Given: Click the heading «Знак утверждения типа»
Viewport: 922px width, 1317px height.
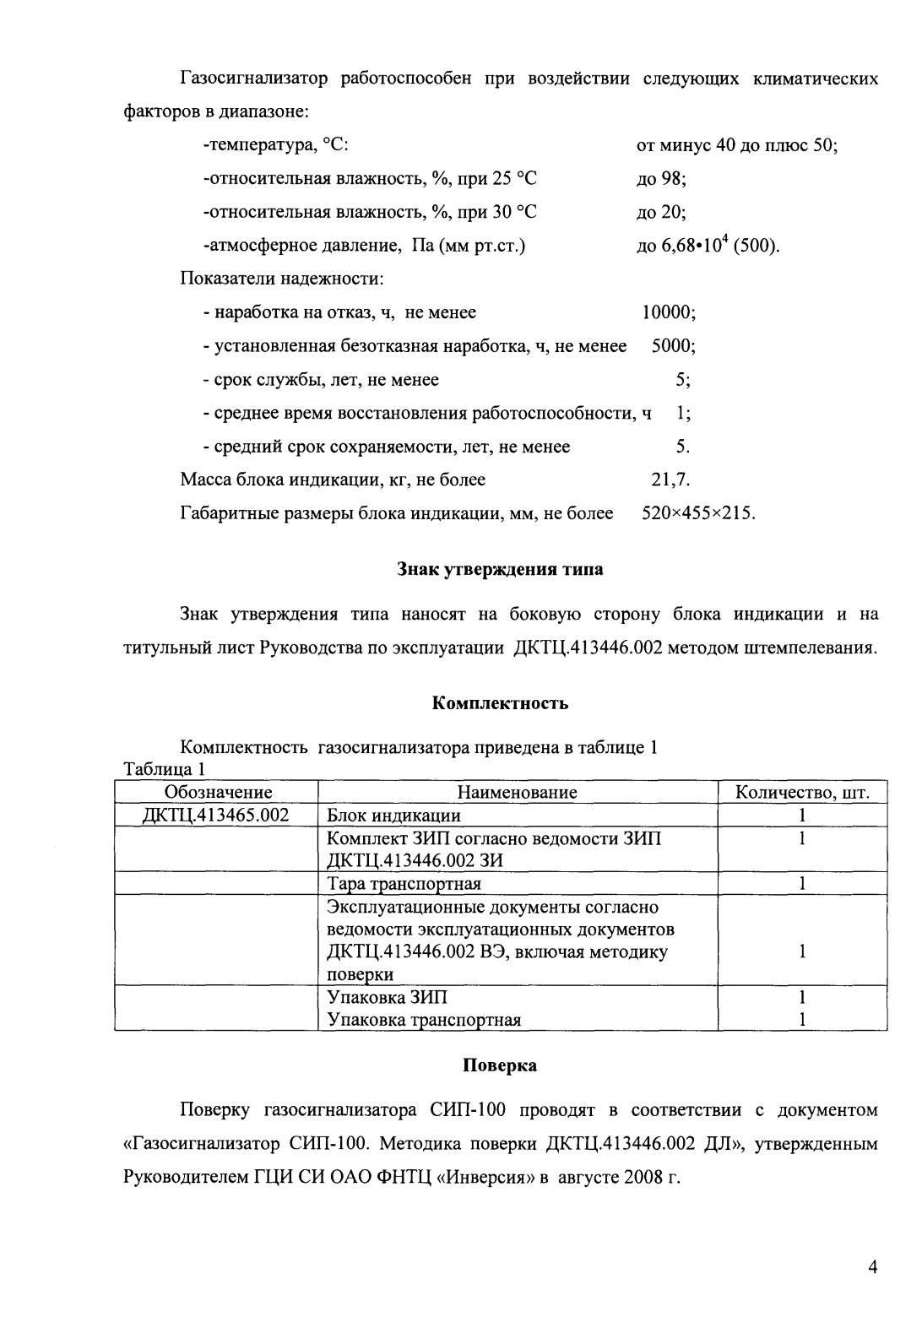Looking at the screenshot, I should pyautogui.click(x=500, y=569).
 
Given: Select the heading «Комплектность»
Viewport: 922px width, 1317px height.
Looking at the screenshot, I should pyautogui.click(x=500, y=702).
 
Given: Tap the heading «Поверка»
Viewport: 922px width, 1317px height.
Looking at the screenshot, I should pyautogui.click(x=500, y=1065).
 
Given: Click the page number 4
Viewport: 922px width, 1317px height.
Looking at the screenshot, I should pyautogui.click(x=873, y=1267).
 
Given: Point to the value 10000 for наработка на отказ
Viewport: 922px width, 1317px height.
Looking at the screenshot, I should pyautogui.click(x=669, y=312).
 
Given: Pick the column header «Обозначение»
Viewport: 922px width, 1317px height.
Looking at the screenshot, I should pyautogui.click(x=218, y=792).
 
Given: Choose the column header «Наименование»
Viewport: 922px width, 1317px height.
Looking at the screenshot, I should pyautogui.click(x=517, y=792).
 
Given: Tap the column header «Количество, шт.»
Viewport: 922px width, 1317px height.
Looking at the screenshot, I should pyautogui.click(x=801, y=792).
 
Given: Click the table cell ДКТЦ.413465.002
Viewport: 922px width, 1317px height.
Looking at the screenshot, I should pyautogui.click(x=218, y=816).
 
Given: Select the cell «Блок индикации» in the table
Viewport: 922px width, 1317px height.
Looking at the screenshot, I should pyautogui.click(x=394, y=816).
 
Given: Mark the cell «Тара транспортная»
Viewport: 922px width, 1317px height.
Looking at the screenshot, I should pyautogui.click(x=404, y=884).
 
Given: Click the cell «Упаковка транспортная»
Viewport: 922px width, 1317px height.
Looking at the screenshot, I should pyautogui.click(x=424, y=1020).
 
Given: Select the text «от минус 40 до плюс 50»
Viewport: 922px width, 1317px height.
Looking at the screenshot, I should pyautogui.click(x=735, y=144).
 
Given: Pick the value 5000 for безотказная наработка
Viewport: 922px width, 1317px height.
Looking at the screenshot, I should pyautogui.click(x=673, y=346).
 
